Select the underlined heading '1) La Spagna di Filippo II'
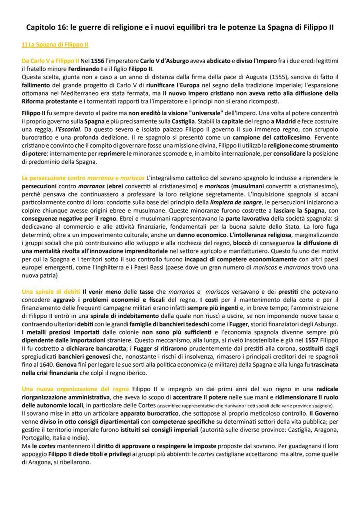pos(56,45)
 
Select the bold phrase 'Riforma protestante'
pos(48,102)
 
